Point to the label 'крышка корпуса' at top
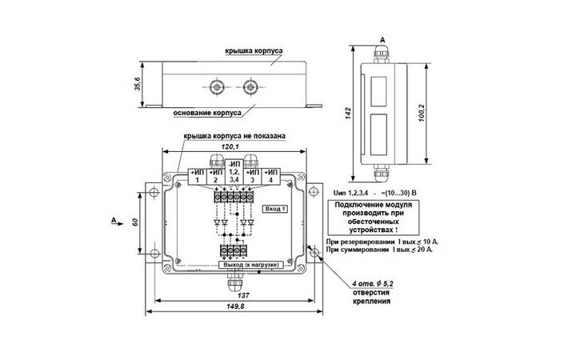[x=252, y=51]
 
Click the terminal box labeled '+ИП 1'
[x=197, y=176]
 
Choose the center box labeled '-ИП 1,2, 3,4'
[x=234, y=176]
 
